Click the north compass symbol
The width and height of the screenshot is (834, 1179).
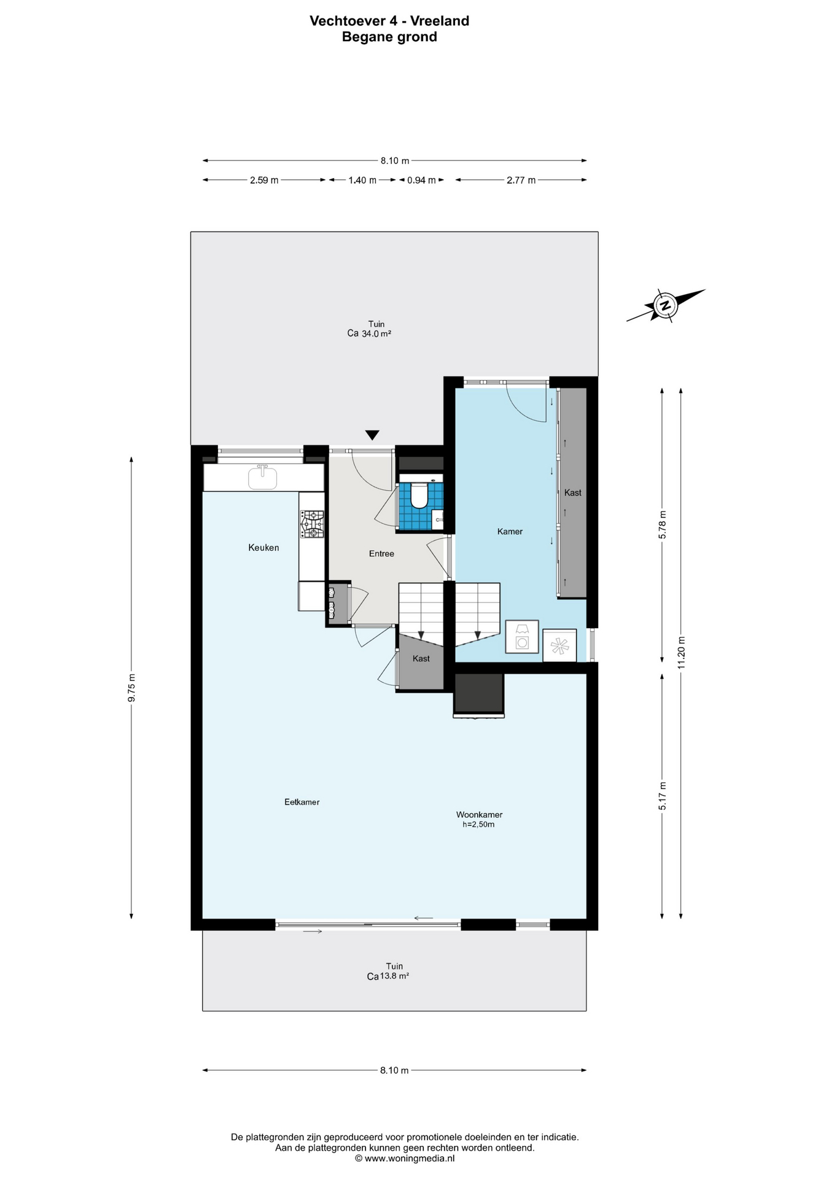666,305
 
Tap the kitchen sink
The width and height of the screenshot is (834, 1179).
263,478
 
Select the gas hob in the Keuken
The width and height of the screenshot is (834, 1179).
312,524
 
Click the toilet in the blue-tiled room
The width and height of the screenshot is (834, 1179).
419,495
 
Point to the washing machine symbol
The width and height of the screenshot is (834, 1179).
522,636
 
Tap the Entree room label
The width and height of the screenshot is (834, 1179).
381,554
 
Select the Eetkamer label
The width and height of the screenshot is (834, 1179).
302,802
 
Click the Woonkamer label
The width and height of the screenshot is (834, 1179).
479,815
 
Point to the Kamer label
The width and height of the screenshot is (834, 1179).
510,532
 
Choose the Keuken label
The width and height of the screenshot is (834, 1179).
263,548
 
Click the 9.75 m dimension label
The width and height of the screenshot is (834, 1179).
131,688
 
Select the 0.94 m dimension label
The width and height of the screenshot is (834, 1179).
421,180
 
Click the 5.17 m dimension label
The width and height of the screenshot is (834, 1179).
662,796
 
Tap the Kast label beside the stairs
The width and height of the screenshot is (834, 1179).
421,659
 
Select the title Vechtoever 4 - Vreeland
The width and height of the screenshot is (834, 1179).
389,21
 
